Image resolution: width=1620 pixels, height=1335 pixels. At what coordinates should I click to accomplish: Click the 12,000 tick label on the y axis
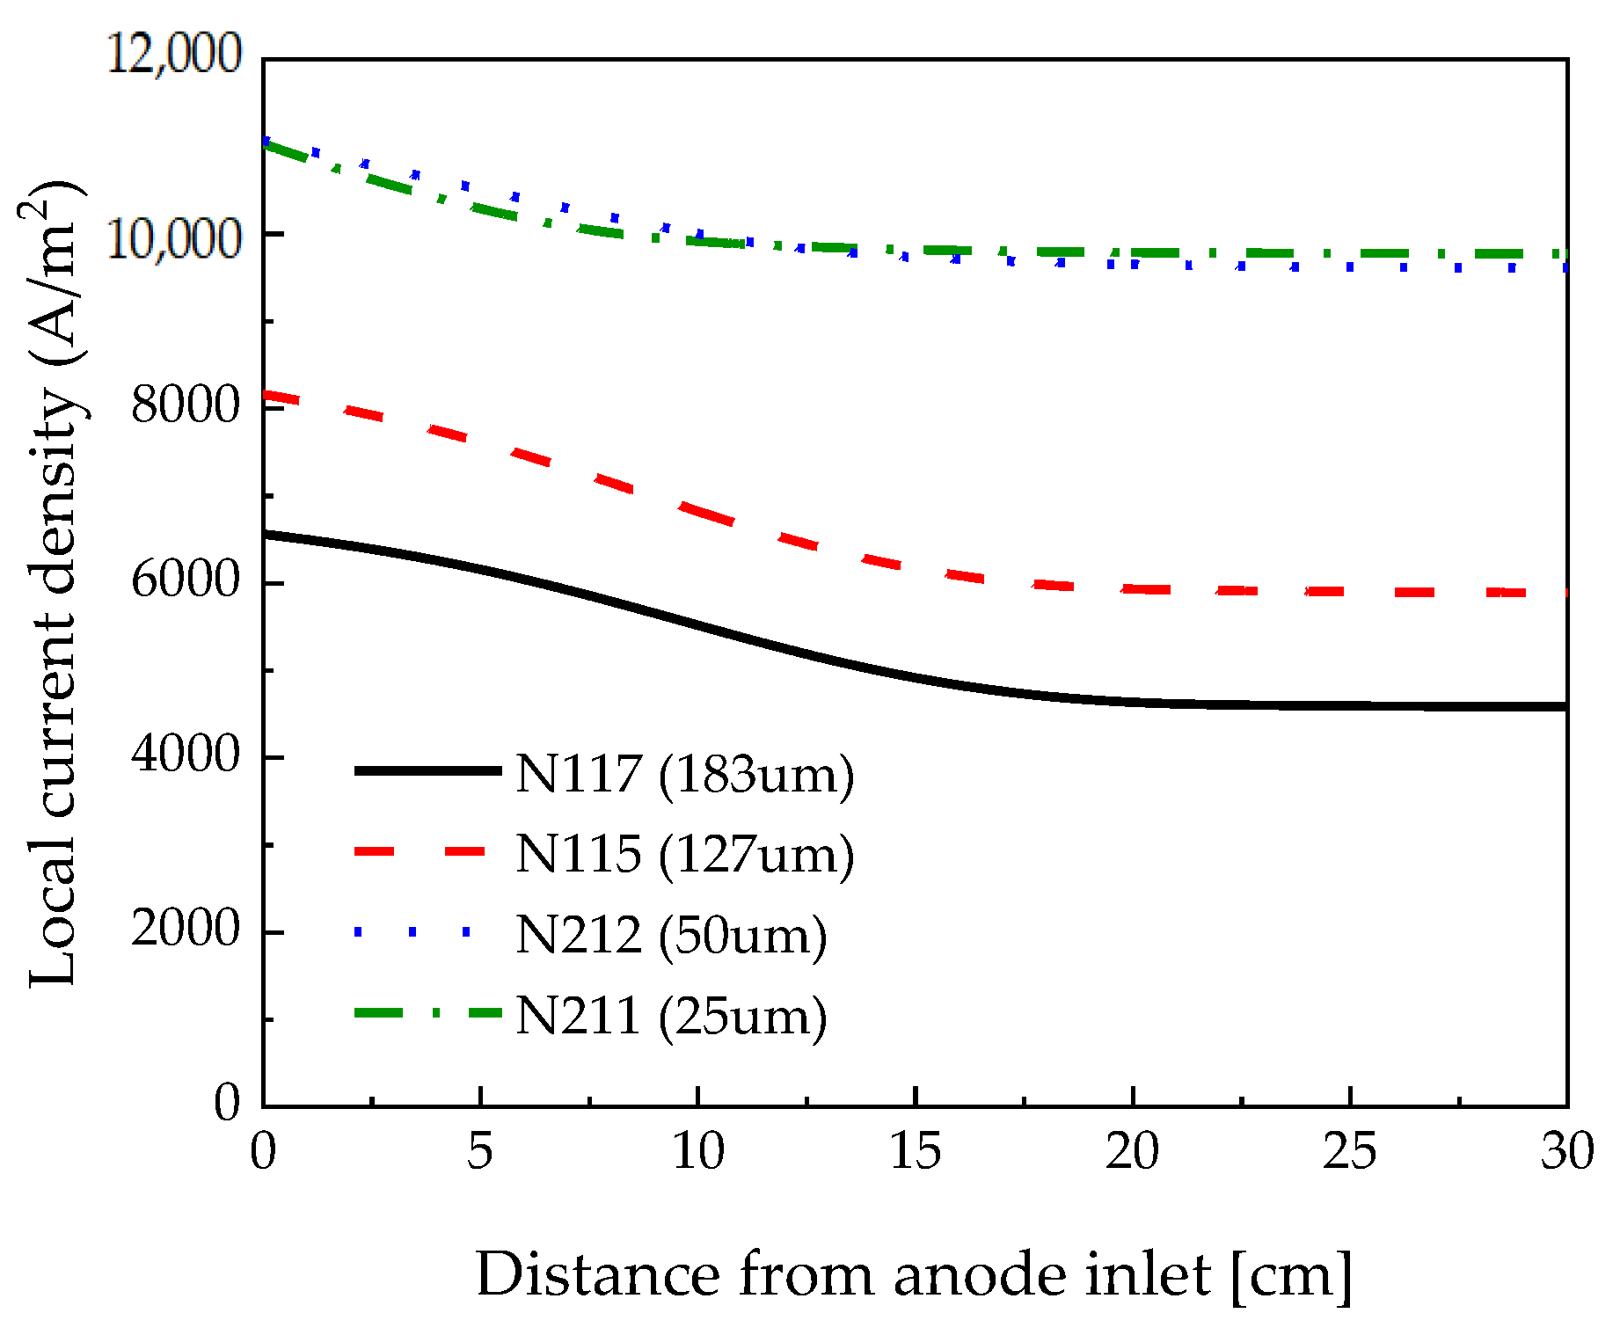[x=173, y=55]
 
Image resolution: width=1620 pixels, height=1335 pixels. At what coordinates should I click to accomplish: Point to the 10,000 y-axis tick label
[x=173, y=237]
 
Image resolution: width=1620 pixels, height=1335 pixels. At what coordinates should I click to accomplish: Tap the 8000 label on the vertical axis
[x=186, y=405]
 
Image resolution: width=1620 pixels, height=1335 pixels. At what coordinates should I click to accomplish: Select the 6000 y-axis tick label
[x=186, y=580]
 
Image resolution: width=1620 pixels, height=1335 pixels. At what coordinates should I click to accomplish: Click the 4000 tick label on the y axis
[x=186, y=754]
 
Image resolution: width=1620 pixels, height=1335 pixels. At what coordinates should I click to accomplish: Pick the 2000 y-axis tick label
[x=186, y=928]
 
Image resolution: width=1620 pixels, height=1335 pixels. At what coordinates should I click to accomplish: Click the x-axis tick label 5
[x=479, y=1150]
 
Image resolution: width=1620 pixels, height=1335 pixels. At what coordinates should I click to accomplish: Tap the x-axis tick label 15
[x=915, y=1150]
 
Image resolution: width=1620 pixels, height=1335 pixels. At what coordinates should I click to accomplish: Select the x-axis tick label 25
[x=1349, y=1150]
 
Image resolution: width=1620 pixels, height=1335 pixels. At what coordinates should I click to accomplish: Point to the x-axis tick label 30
[x=1566, y=1150]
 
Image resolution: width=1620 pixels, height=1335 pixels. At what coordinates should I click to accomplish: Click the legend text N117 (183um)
[x=684, y=775]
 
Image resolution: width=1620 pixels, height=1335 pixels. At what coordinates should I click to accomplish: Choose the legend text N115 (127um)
[x=684, y=854]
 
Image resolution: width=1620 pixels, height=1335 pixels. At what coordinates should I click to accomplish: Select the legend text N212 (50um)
[x=671, y=935]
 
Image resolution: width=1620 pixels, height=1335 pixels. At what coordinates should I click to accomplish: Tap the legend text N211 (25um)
[x=671, y=1016]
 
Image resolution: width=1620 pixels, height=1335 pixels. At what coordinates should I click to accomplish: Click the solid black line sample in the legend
[x=427, y=770]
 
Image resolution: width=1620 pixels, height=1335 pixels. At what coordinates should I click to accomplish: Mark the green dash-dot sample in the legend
[x=427, y=1012]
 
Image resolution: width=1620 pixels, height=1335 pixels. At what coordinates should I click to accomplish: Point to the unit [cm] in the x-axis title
[x=1291, y=1274]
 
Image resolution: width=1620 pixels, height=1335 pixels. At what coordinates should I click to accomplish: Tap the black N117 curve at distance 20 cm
[x=1133, y=702]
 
